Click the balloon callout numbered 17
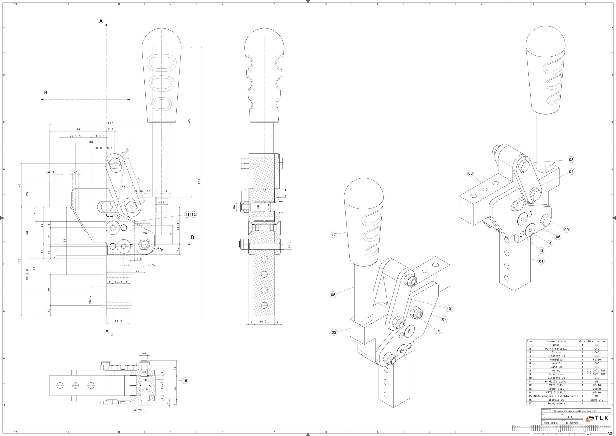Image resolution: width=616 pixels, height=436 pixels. (x=334, y=235)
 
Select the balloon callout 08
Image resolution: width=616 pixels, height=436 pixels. (x=571, y=160)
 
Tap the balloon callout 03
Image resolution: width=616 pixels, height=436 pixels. (x=470, y=173)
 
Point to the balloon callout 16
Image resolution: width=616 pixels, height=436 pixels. (x=185, y=380)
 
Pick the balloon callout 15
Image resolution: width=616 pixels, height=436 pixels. (x=438, y=331)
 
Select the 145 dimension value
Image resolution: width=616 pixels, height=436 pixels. (x=189, y=122)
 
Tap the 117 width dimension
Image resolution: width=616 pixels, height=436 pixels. (x=110, y=123)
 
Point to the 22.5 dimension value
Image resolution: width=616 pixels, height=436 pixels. (x=118, y=321)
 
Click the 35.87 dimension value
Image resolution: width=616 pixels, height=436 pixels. (x=178, y=226)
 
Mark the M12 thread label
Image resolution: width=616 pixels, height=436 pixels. (x=161, y=203)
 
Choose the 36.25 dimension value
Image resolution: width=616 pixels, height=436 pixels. (x=124, y=265)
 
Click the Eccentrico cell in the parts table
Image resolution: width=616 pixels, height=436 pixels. (x=556, y=374)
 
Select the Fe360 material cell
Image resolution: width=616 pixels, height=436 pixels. (x=597, y=359)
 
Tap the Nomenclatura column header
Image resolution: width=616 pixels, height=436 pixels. (x=556, y=341)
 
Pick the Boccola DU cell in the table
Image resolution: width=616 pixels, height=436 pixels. (x=556, y=400)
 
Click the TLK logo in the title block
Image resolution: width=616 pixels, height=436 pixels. (x=597, y=418)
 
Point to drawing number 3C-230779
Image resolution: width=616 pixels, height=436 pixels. (x=571, y=423)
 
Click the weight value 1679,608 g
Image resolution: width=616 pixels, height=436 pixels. (x=551, y=423)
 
